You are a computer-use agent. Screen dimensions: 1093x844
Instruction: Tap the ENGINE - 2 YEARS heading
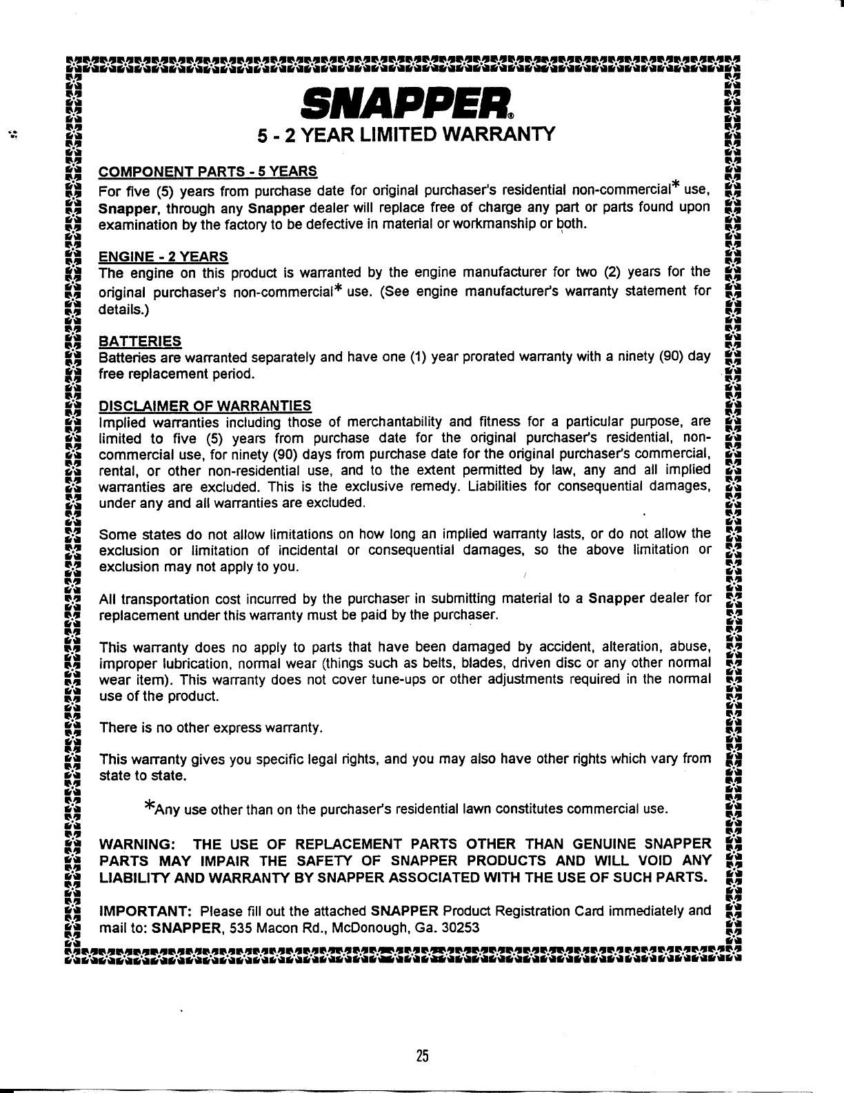(164, 257)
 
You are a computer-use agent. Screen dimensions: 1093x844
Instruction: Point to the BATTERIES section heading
(141, 341)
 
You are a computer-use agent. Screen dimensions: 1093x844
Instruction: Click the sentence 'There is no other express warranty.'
(211, 728)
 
